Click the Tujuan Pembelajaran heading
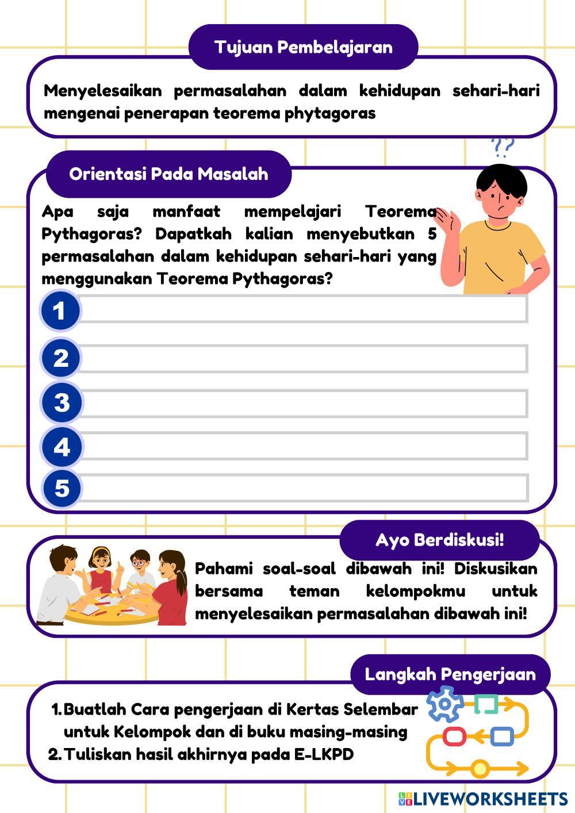303,47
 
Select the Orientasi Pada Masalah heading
168,174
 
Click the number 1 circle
60,311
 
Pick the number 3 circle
62,402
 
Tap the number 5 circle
62,489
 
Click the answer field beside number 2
304,359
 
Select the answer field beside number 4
304,447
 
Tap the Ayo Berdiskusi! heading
439,540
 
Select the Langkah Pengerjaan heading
450,674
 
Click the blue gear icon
444,704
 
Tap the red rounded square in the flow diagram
454,736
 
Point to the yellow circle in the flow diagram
480,768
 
